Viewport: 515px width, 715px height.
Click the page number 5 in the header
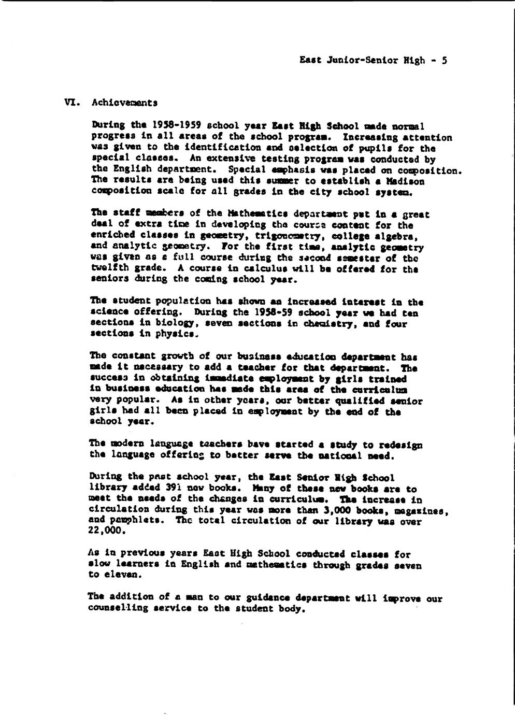point(444,60)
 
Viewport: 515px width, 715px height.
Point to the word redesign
point(401,446)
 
